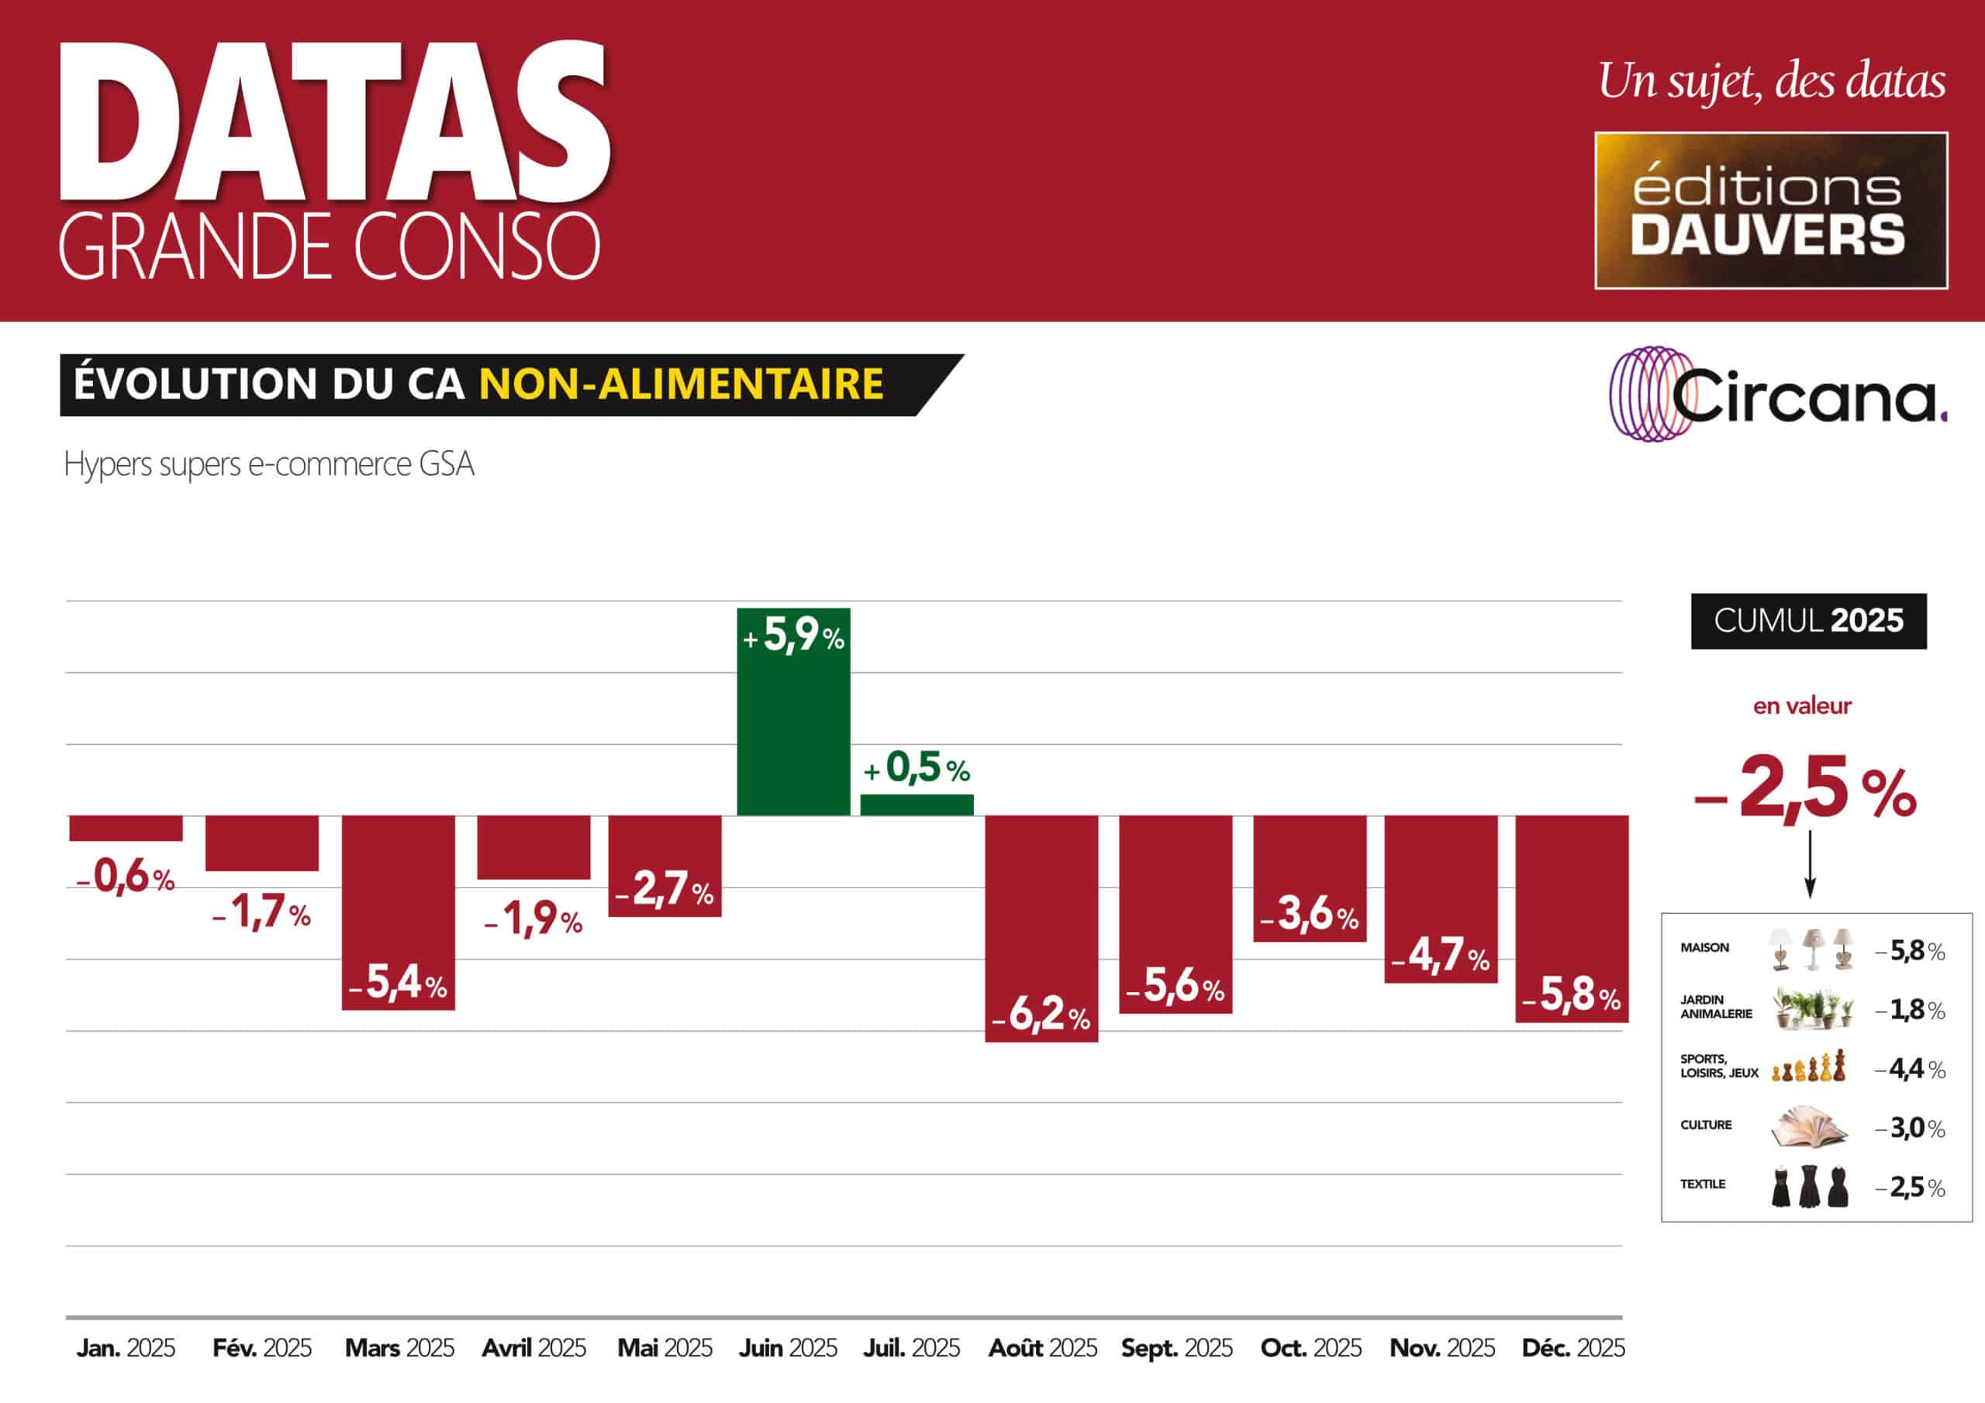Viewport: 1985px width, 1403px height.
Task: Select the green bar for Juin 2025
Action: (x=792, y=712)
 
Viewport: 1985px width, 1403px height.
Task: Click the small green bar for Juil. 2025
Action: (x=917, y=805)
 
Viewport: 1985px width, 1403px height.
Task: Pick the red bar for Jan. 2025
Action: (x=126, y=828)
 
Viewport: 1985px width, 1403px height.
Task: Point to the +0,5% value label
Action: (x=917, y=767)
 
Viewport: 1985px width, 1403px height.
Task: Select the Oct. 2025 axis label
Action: (x=1310, y=1348)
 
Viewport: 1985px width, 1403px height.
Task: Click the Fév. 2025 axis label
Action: (x=262, y=1348)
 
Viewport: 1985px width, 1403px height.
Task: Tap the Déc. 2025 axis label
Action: (x=1573, y=1348)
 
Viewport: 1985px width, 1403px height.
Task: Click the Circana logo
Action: (x=1777, y=395)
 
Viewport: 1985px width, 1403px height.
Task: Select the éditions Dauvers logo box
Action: (x=1770, y=210)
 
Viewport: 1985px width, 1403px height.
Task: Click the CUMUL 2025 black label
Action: (x=1809, y=621)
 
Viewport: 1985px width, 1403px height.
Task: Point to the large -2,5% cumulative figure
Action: (x=1805, y=789)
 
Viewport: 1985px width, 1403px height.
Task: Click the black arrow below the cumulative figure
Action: (x=1810, y=864)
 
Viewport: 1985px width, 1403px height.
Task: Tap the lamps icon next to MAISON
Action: (x=1811, y=948)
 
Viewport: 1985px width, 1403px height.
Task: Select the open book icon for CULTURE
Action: (x=1809, y=1126)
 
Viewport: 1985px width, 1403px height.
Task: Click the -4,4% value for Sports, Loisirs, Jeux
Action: (x=1910, y=1070)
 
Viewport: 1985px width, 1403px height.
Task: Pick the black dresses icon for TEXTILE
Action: (x=1810, y=1186)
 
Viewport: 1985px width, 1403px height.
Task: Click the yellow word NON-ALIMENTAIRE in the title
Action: (x=682, y=384)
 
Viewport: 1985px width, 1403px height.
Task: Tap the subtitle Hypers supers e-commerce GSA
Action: (x=269, y=464)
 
